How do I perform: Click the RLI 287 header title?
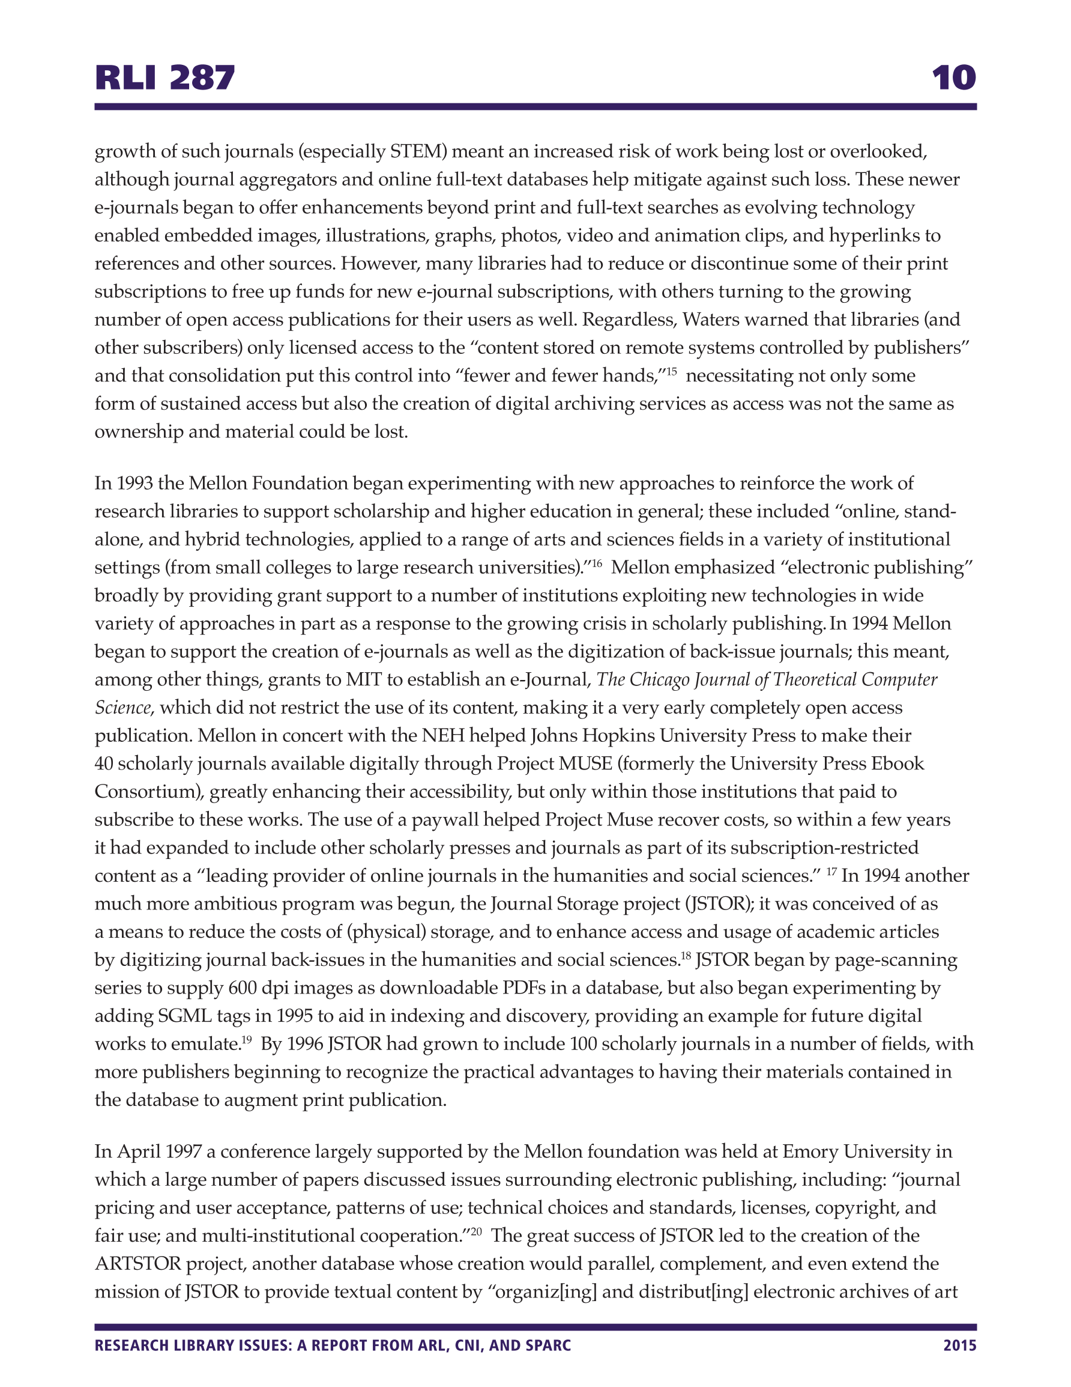(x=164, y=78)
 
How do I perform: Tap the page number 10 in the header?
(x=953, y=78)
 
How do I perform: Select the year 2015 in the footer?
(x=959, y=1345)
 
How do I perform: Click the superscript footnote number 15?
(x=671, y=371)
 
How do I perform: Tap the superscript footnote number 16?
(x=596, y=563)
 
